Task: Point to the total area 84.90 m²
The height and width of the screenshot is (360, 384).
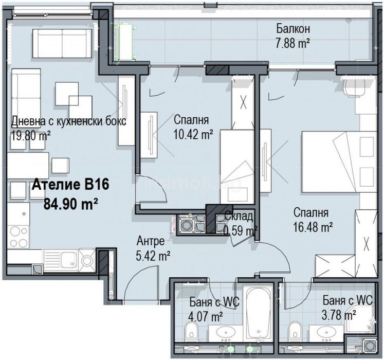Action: pos(71,204)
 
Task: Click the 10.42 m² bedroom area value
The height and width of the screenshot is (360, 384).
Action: pos(193,134)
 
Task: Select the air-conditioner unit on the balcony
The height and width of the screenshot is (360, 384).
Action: pos(125,41)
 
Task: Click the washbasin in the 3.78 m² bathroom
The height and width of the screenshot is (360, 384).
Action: pos(327,334)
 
